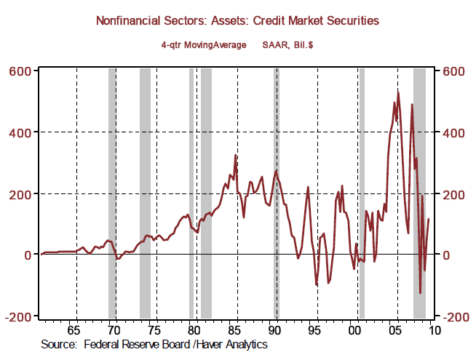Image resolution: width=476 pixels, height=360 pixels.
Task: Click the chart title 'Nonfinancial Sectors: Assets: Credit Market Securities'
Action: point(238,21)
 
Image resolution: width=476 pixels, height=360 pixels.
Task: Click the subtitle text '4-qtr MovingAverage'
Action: point(202,44)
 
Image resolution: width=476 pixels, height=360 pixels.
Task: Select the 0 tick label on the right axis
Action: point(444,255)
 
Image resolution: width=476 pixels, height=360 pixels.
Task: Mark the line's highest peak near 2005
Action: point(398,92)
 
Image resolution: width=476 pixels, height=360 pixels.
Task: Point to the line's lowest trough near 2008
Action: point(420,293)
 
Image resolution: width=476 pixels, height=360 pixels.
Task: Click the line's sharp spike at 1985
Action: point(235,155)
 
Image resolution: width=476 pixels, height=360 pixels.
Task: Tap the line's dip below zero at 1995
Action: point(316,284)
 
